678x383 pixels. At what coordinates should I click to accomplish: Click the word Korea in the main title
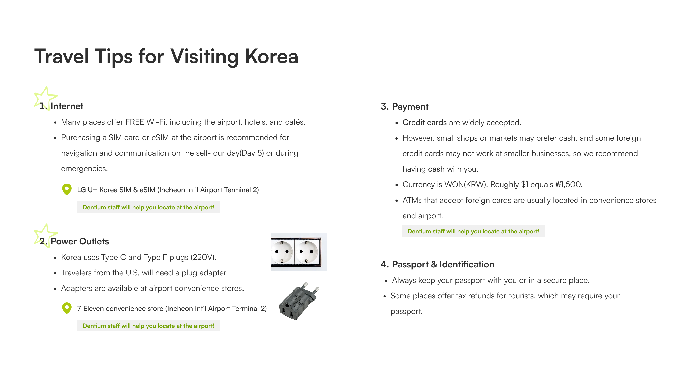[271, 56]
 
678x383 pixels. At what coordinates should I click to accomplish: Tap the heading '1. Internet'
[61, 106]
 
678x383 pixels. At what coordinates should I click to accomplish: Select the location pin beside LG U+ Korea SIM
[67, 189]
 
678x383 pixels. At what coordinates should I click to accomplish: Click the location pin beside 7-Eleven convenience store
[67, 308]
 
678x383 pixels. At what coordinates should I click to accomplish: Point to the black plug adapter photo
[299, 301]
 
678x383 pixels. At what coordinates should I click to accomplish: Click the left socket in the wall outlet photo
[282, 252]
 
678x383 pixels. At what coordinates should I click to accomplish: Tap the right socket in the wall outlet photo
[306, 252]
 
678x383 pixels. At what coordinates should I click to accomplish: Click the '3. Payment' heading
[404, 107]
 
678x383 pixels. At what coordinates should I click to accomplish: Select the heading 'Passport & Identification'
[443, 264]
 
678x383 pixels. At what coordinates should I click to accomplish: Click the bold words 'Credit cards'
[424, 123]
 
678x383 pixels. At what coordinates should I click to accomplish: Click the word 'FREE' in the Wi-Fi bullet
[135, 122]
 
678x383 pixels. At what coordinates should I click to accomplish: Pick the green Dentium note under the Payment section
[473, 231]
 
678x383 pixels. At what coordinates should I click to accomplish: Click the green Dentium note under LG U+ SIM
[148, 207]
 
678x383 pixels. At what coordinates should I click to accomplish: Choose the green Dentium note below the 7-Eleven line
[148, 326]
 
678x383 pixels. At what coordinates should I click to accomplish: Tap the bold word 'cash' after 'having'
[436, 169]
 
